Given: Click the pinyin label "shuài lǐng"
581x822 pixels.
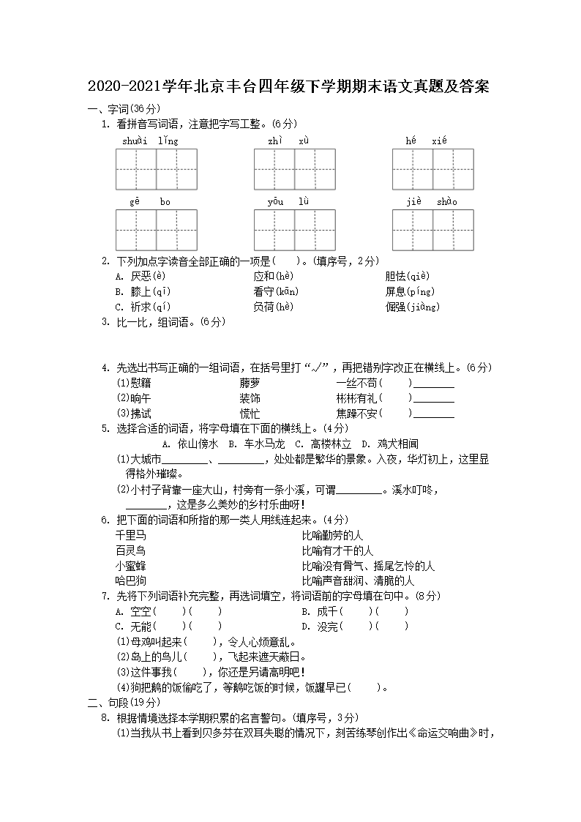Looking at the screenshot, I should coord(150,141).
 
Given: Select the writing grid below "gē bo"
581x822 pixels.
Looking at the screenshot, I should coord(156,230).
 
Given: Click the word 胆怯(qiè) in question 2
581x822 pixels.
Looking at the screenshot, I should coord(406,276).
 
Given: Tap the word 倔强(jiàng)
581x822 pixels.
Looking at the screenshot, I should coord(412,307).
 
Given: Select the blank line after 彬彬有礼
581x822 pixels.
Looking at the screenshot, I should coord(434,399).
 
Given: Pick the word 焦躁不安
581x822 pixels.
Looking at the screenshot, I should coord(356,414).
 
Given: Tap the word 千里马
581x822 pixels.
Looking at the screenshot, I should coord(130,535).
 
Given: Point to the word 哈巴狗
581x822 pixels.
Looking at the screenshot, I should coord(130,580).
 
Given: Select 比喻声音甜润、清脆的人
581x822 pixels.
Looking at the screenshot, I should coord(358,580).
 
